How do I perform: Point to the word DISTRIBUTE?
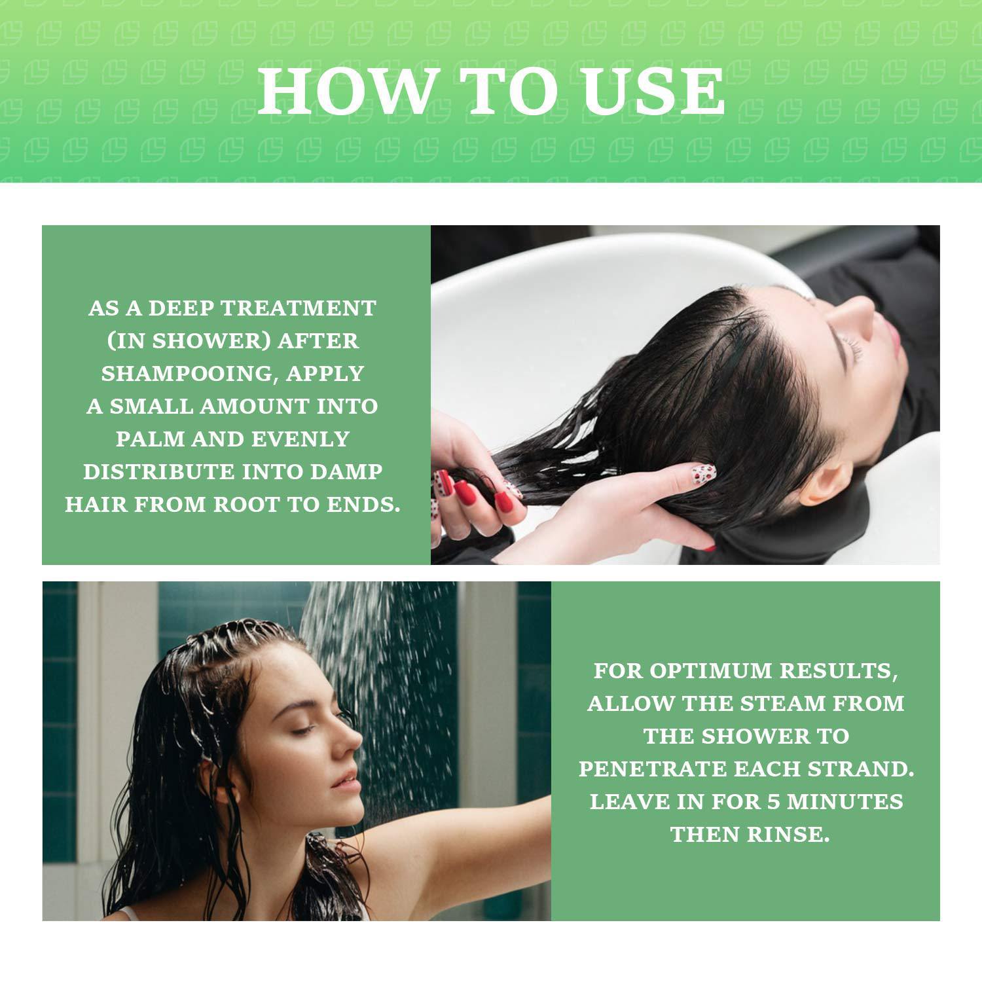(x=159, y=471)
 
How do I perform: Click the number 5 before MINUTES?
(x=774, y=801)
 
